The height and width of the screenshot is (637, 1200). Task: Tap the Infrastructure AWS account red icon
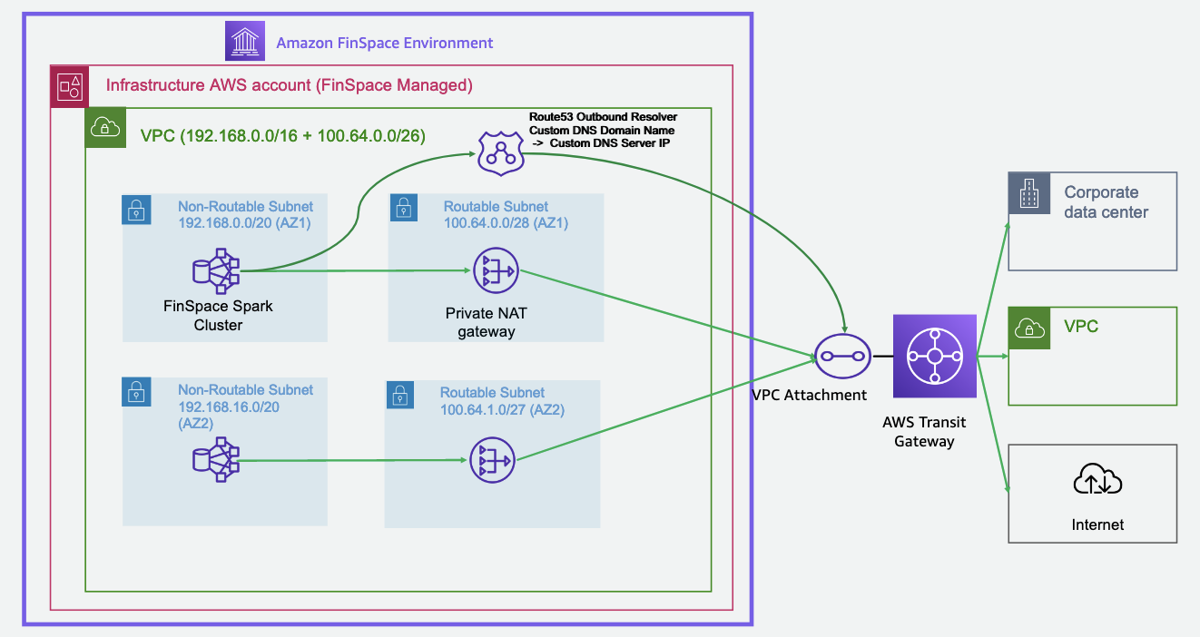coord(71,86)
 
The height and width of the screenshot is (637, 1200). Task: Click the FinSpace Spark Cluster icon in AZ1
coord(216,270)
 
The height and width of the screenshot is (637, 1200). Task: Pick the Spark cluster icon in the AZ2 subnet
coord(216,460)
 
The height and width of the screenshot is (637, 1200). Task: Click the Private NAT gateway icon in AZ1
coord(494,270)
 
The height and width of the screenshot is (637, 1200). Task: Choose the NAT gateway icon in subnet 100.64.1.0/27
coord(491,460)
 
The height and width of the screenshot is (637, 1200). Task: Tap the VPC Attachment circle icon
coord(841,356)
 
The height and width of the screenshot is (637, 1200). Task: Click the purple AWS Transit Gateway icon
coord(934,356)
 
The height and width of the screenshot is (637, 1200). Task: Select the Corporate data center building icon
coord(1028,194)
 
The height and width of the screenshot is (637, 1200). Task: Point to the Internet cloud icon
coord(1097,481)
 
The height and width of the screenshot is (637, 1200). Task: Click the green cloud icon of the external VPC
coord(1028,328)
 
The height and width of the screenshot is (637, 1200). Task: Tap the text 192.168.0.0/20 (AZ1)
coord(244,223)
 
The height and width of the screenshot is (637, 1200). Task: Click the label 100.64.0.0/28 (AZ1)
coord(506,223)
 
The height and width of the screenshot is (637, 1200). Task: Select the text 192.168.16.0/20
coord(229,407)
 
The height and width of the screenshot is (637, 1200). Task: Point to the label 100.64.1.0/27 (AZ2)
coord(502,409)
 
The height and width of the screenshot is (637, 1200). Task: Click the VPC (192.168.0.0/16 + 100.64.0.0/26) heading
coord(282,136)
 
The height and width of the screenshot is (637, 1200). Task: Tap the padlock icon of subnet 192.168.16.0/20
coord(136,392)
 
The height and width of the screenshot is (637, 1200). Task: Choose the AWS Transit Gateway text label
coord(924,432)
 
